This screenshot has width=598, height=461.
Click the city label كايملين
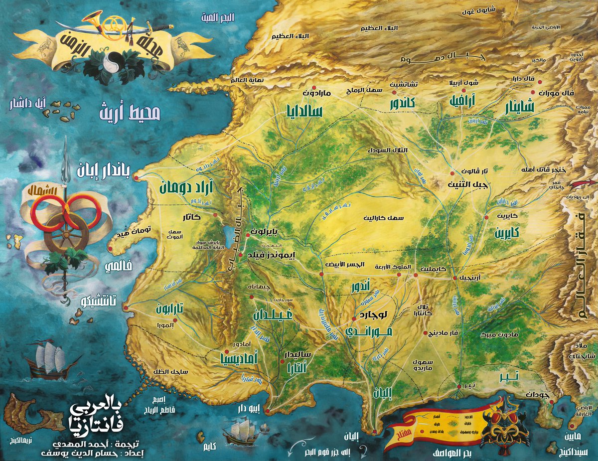(x=427, y=268)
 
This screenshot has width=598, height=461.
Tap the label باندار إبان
(x=104, y=171)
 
